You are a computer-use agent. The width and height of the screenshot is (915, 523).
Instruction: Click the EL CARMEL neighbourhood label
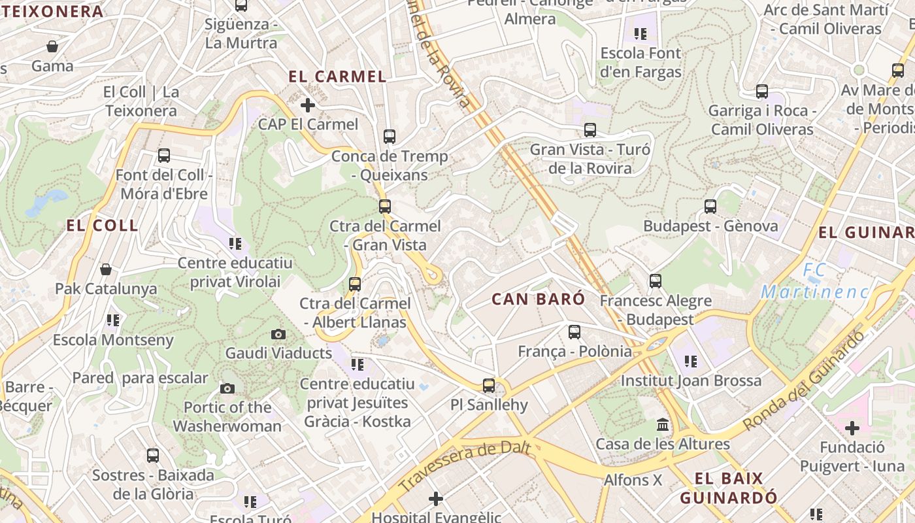click(337, 76)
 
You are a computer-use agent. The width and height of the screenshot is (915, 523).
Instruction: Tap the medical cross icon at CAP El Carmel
click(308, 105)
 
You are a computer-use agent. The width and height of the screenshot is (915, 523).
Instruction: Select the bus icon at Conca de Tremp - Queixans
click(390, 137)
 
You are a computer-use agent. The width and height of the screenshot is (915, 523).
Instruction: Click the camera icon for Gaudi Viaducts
click(278, 335)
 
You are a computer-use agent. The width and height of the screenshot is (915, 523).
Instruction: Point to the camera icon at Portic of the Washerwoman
click(227, 388)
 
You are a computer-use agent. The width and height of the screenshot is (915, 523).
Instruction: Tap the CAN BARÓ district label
click(538, 299)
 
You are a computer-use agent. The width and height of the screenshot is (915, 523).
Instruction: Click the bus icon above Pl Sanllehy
click(489, 386)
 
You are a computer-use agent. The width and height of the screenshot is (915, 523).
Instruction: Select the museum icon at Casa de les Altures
click(663, 426)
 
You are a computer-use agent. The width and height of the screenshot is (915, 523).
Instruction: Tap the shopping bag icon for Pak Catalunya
click(106, 269)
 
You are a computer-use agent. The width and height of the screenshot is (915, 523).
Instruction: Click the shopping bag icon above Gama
click(52, 46)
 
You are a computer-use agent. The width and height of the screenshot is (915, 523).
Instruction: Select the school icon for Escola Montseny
click(113, 320)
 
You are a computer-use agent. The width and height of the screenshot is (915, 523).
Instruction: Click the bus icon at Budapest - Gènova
click(710, 207)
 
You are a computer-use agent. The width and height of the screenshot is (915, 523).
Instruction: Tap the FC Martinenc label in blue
click(815, 281)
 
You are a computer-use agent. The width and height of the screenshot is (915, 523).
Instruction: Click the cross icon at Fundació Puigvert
click(852, 428)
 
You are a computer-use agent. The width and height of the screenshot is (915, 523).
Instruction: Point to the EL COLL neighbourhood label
click(102, 226)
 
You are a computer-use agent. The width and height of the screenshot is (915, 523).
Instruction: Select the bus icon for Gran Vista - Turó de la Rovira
click(590, 130)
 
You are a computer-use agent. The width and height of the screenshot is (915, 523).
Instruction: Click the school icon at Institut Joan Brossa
click(691, 361)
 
